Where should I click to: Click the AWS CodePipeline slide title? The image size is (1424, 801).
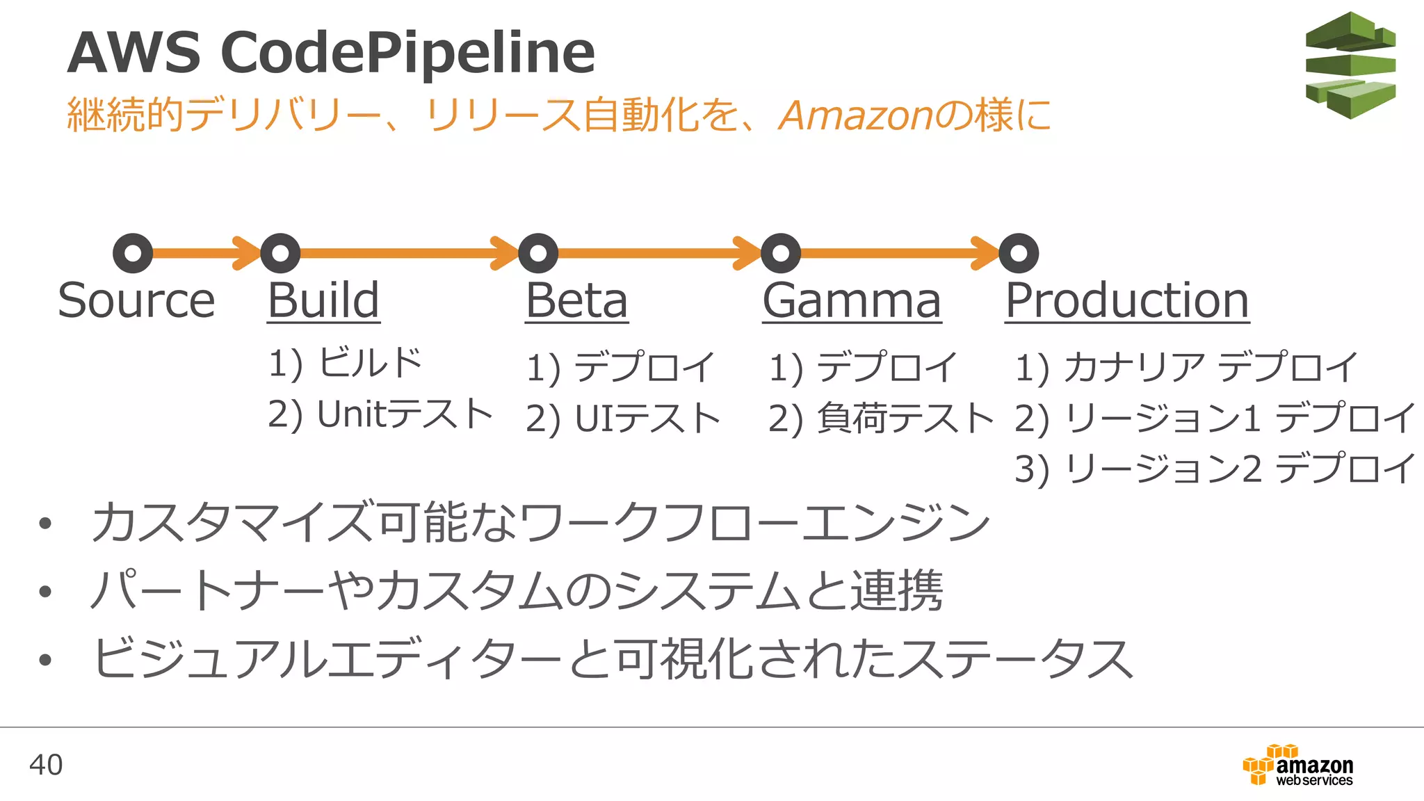pyautogui.click(x=331, y=53)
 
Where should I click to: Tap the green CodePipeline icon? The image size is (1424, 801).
pyautogui.click(x=1350, y=65)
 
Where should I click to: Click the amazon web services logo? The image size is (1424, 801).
pyautogui.click(x=1298, y=765)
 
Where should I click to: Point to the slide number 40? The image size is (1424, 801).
pyautogui.click(x=46, y=765)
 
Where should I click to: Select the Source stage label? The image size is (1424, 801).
pyautogui.click(x=136, y=300)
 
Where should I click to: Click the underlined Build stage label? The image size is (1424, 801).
pyautogui.click(x=324, y=300)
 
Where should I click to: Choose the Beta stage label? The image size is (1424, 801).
pyautogui.click(x=576, y=300)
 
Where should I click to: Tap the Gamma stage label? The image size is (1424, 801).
pyautogui.click(x=852, y=300)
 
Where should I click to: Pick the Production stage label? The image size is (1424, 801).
pyautogui.click(x=1127, y=300)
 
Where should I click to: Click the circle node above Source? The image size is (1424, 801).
pyautogui.click(x=133, y=253)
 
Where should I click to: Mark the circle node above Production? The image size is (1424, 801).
pyautogui.click(x=1019, y=253)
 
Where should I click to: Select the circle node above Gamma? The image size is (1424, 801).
pyautogui.click(x=781, y=253)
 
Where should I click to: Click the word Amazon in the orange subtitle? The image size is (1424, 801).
pyautogui.click(x=857, y=115)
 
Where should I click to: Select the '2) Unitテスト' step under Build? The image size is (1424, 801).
pyautogui.click(x=380, y=414)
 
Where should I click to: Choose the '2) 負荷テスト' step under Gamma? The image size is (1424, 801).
pyautogui.click(x=881, y=419)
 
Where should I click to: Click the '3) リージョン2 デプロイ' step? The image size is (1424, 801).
pyautogui.click(x=1215, y=469)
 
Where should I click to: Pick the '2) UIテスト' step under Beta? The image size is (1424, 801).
pyautogui.click(x=623, y=419)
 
